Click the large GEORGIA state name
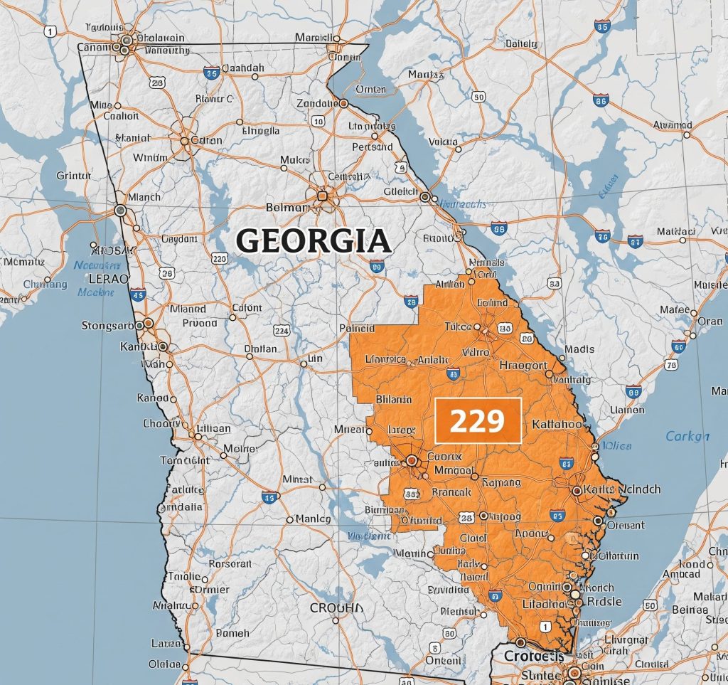pos(314,241)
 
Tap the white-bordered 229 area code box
pos(478,421)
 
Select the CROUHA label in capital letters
pos(336,608)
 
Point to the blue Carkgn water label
pos(687,436)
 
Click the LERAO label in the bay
pos(107,279)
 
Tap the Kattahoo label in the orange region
pos(557,424)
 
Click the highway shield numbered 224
pos(282,330)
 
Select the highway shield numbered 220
pos(220,259)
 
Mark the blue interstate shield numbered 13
pos(269,497)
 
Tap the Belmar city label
pos(287,208)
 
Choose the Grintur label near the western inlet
pos(74,174)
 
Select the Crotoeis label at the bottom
pos(533,655)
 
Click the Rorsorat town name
pos(230,563)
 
